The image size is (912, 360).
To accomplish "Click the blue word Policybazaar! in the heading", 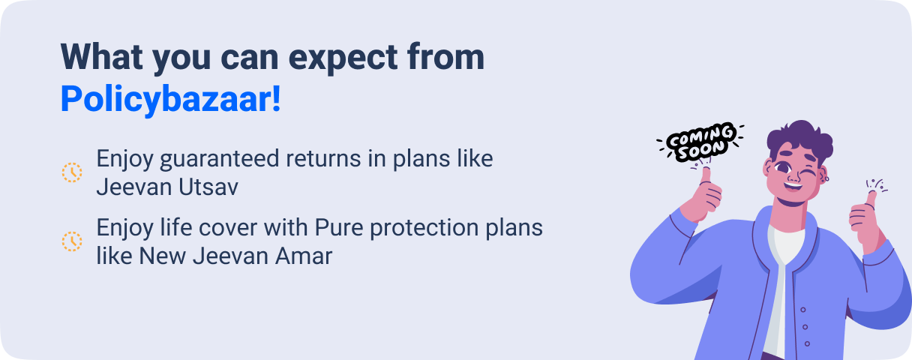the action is [170, 100].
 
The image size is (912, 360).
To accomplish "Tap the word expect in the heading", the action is [343, 58].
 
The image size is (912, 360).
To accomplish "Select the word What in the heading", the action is [102, 56].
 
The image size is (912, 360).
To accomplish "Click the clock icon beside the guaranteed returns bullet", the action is [72, 172].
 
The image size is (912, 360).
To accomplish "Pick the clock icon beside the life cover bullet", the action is [72, 241].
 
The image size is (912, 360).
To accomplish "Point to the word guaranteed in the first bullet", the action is [220, 159].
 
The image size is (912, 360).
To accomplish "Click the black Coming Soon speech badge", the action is [701, 142].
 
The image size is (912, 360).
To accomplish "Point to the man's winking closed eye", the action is [808, 173].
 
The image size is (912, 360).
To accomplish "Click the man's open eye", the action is [782, 167].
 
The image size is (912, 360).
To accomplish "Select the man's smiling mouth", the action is [793, 187].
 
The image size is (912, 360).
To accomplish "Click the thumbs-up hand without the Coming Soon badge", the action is [866, 220].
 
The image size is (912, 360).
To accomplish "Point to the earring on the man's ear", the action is [826, 178].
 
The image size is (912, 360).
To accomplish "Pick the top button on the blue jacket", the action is [803, 310].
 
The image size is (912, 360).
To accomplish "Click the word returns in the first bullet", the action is [323, 158].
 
